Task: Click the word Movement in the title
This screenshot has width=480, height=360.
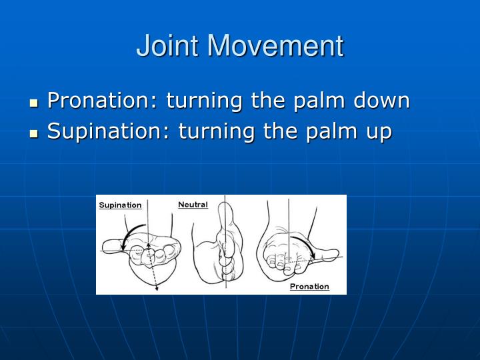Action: tap(275, 46)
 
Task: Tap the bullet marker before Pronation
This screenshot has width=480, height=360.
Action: tap(35, 103)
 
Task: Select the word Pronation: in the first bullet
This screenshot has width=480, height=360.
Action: tap(103, 101)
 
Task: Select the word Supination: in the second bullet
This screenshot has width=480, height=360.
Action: tap(109, 131)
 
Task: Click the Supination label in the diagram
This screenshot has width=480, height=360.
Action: tap(120, 205)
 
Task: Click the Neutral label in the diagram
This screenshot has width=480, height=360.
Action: tap(193, 205)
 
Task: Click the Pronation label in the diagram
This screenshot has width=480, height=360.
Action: tap(309, 287)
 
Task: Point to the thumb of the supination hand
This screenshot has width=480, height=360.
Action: tap(113, 247)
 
